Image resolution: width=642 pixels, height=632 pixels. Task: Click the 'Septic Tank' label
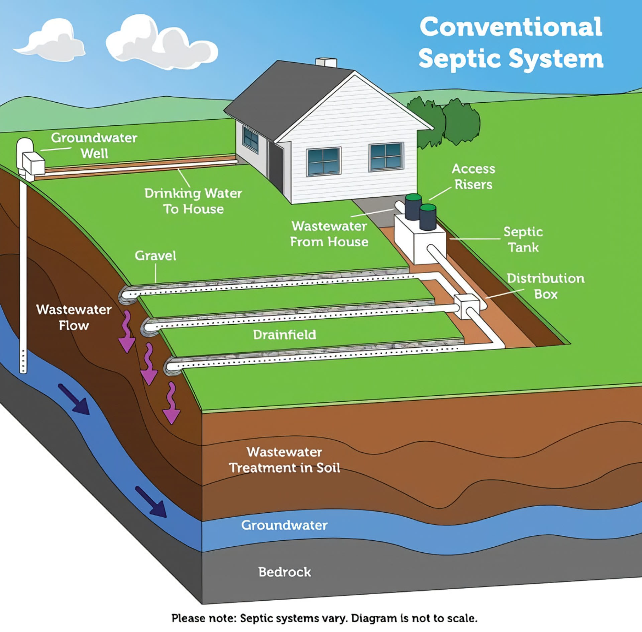523,239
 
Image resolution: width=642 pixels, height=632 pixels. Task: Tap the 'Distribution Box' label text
545,286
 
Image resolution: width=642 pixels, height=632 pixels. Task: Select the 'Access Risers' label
473,177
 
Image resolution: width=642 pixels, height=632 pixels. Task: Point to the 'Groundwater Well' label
94,145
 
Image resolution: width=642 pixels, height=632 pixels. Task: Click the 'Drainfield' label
285,335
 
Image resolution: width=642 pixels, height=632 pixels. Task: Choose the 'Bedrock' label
285,572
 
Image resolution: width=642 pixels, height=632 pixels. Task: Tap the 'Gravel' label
155,256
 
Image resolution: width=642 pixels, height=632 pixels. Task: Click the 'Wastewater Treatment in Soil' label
285,460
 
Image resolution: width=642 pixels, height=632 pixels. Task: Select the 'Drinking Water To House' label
193,201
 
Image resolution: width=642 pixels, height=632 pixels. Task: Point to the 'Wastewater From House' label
329,234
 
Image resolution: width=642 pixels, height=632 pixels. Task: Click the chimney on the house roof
326,63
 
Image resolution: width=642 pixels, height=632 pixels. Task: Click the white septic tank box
420,241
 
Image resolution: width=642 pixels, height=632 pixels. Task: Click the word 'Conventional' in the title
511,27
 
